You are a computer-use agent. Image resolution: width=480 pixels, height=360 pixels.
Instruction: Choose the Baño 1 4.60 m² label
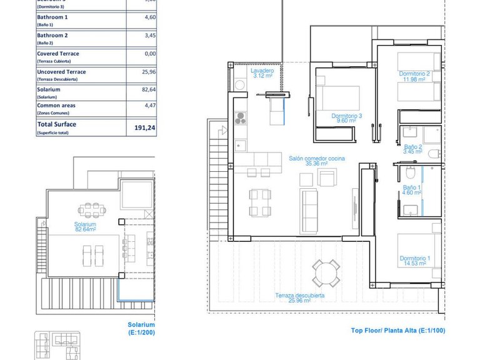(x=412, y=191)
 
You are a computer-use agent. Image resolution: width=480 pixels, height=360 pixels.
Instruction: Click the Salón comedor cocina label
(x=316, y=162)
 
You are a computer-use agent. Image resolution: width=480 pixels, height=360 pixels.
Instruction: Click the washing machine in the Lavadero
(x=239, y=84)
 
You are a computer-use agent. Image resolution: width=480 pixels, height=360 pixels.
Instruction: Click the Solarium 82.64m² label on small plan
(x=84, y=227)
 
